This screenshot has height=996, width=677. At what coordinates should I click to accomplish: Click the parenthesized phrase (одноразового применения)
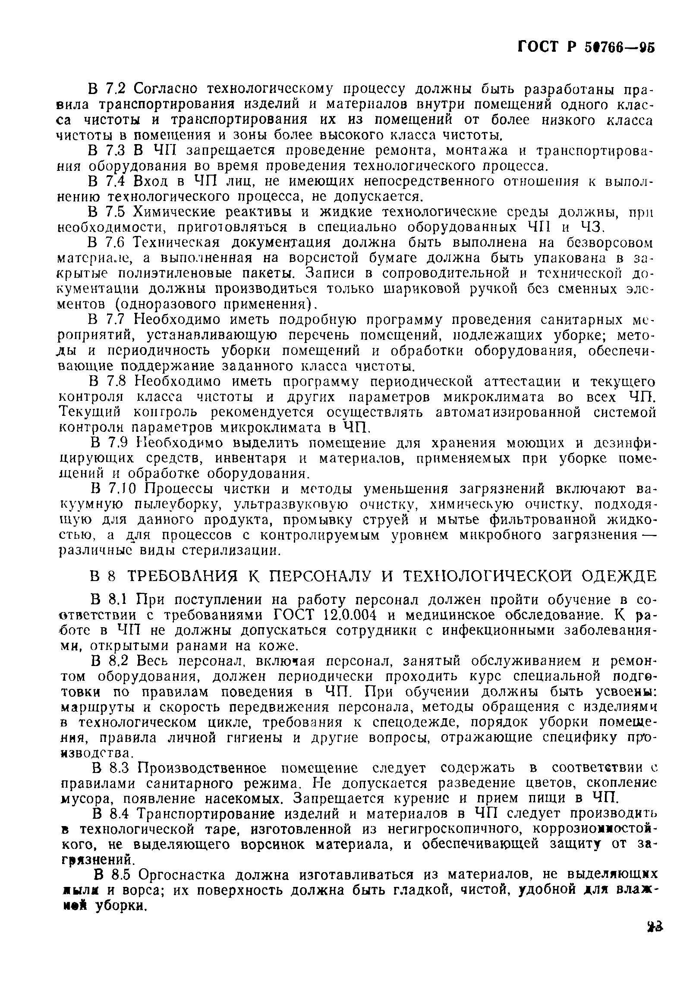[x=213, y=304]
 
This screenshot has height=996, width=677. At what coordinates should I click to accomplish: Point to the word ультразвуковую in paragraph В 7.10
[x=291, y=505]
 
